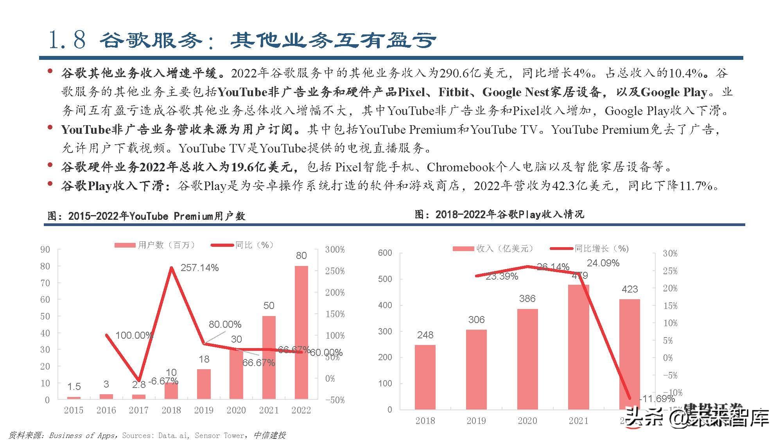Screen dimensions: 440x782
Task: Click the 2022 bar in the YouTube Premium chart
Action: click(301, 332)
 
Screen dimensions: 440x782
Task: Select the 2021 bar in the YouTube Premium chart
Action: click(269, 357)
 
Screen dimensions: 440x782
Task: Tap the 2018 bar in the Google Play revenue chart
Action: click(425, 377)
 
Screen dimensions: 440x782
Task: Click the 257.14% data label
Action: click(199, 268)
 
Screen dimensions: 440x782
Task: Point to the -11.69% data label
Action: click(657, 399)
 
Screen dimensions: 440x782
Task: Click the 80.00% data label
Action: click(225, 324)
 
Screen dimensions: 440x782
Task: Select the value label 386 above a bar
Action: click(527, 299)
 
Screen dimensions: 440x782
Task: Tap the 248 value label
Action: click(425, 335)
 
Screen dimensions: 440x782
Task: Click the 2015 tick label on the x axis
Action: click(74, 410)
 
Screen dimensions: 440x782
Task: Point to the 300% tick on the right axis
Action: click(335, 250)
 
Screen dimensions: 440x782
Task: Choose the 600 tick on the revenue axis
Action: click(385, 253)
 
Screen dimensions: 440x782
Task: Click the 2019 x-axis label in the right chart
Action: click(476, 421)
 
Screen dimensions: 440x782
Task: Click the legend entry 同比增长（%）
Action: click(590, 248)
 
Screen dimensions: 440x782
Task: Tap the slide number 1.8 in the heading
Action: click(67, 40)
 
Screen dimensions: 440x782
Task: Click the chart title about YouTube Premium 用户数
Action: click(147, 216)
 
